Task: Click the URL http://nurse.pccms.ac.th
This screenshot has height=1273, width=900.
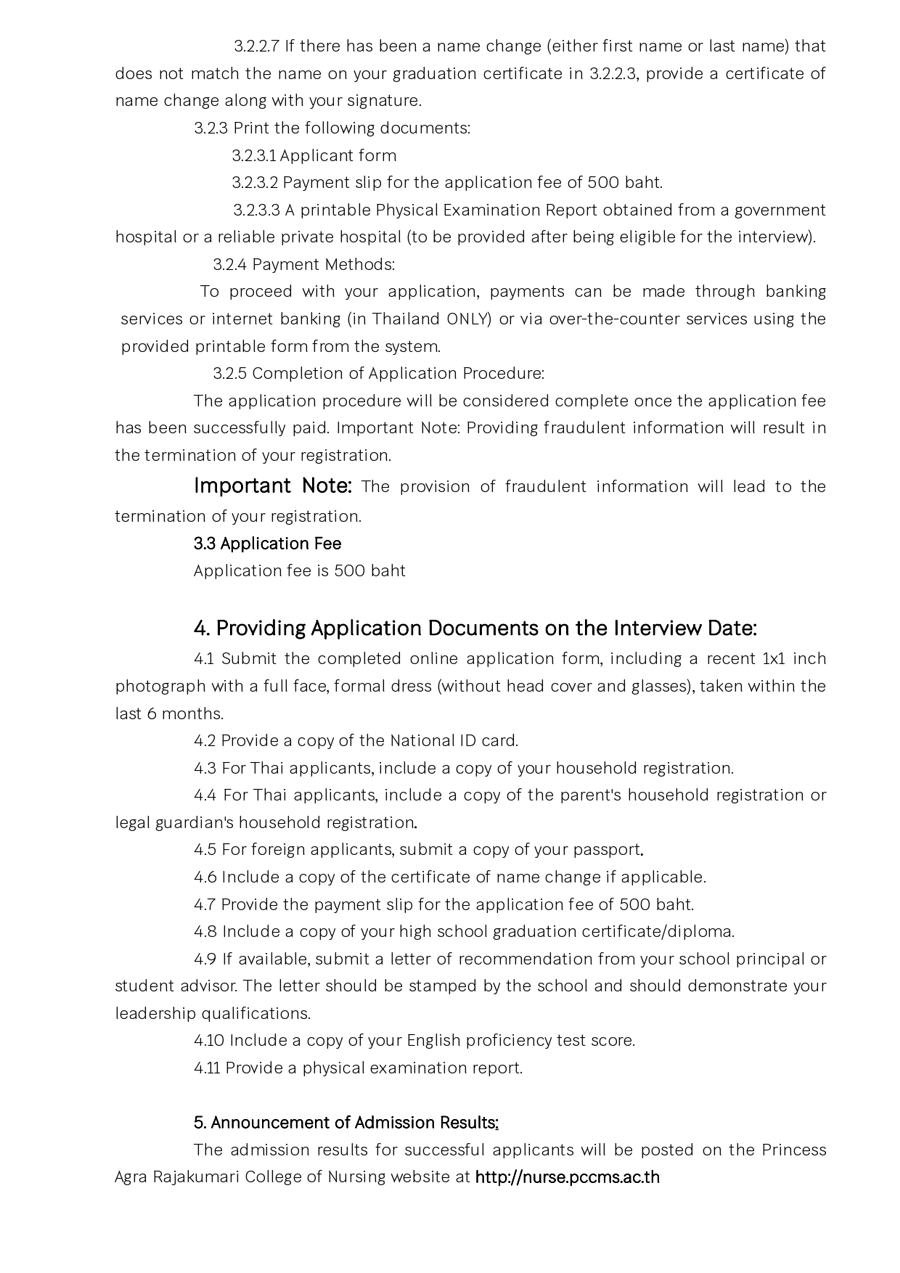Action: click(x=567, y=1176)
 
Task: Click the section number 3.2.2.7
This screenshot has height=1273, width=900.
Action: click(x=256, y=46)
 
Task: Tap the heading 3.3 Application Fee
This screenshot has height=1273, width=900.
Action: click(x=267, y=544)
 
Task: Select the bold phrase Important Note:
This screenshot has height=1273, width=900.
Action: click(x=273, y=486)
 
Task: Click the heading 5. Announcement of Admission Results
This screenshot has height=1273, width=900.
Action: click(x=345, y=1123)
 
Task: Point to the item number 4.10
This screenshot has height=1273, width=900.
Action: click(x=209, y=1041)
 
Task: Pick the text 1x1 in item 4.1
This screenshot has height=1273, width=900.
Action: click(x=772, y=659)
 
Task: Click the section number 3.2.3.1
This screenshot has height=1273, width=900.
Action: click(x=254, y=156)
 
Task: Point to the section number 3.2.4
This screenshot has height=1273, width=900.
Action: click(x=230, y=265)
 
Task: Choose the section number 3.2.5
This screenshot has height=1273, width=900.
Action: click(x=230, y=374)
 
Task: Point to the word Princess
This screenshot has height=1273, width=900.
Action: click(x=794, y=1150)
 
